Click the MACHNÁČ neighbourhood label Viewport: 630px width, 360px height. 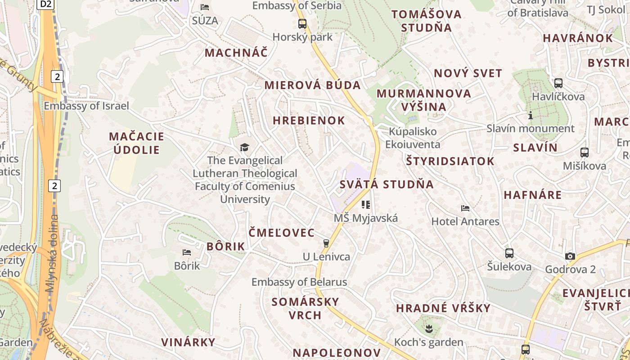tap(236, 53)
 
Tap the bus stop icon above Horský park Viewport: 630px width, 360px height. tap(302, 24)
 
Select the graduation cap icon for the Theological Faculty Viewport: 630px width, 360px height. tap(244, 147)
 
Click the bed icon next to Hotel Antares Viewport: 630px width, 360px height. tap(465, 208)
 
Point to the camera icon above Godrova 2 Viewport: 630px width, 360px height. tap(570, 256)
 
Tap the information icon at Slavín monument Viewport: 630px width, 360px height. tap(531, 116)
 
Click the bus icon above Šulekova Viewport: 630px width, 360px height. tap(509, 253)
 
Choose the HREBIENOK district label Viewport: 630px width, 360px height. tap(309, 121)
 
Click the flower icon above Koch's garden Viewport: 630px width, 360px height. tap(428, 329)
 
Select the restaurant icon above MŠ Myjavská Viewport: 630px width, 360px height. tap(365, 205)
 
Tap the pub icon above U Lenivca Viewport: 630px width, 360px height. tap(326, 243)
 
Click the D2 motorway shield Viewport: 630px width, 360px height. tap(45, 4)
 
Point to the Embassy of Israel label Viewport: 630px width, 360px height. tap(86, 106)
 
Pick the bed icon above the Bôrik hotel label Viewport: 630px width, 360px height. tap(187, 252)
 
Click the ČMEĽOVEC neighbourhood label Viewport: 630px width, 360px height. tap(282, 233)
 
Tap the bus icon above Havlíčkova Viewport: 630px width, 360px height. tap(558, 83)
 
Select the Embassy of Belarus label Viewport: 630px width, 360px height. tap(299, 282)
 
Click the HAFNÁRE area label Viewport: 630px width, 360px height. tap(533, 195)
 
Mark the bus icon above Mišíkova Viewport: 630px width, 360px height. tap(585, 153)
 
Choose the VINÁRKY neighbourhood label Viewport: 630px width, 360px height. tap(189, 342)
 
